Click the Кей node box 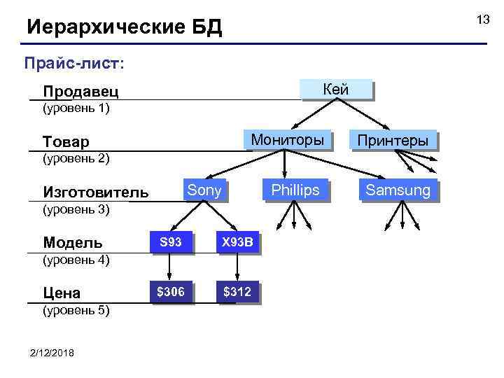pyautogui.click(x=335, y=90)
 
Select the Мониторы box pyautogui.click(x=287, y=140)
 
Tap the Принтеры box pyautogui.click(x=392, y=140)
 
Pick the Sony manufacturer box pyautogui.click(x=204, y=190)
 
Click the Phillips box pyautogui.click(x=295, y=190)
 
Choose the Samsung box pyautogui.click(x=398, y=190)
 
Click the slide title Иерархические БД pyautogui.click(x=124, y=27)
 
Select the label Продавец pyautogui.click(x=80, y=92)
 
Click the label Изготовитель pyautogui.click(x=95, y=192)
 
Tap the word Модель pyautogui.click(x=72, y=243)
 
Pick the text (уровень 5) pyautogui.click(x=76, y=310)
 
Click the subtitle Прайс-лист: pyautogui.click(x=74, y=64)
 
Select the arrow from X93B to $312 pyautogui.click(x=237, y=268)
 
